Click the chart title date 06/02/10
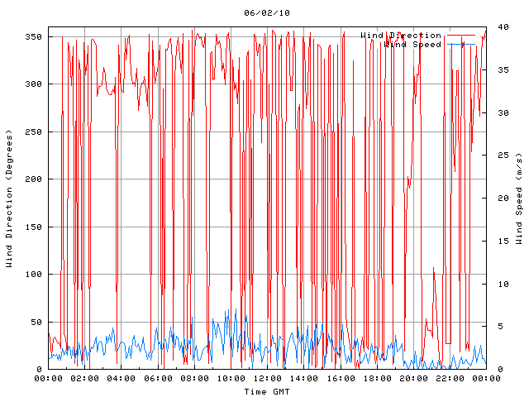point(267,13)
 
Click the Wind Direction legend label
point(401,36)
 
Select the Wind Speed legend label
point(412,44)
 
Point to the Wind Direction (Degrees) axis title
point(9,198)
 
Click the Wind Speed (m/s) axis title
point(519,198)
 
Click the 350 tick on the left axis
point(33,36)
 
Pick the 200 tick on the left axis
point(33,179)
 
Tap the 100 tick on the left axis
point(33,275)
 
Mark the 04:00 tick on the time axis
point(122,379)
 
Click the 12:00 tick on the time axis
point(267,379)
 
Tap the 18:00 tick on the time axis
point(377,379)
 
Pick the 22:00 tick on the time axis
point(450,379)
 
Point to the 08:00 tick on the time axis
point(194,379)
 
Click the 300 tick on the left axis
point(33,84)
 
